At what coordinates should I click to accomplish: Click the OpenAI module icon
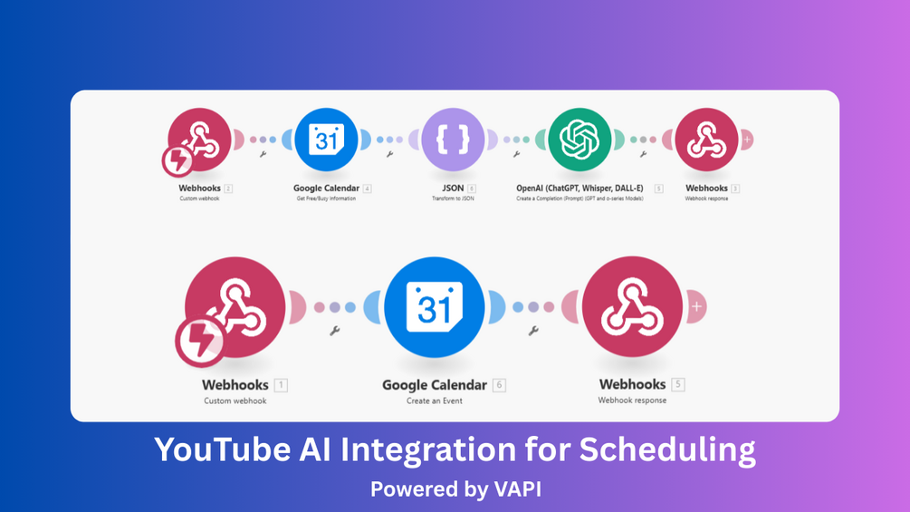580,140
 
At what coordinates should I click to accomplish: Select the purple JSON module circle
453,140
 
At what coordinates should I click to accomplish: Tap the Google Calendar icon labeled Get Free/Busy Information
326,140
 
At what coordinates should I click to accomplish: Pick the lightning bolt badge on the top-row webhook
177,161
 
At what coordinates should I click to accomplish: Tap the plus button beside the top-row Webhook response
746,140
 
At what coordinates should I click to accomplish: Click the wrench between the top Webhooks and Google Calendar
263,154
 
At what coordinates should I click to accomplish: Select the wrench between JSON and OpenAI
517,154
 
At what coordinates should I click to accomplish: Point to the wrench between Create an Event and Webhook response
533,331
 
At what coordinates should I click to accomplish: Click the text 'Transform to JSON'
453,198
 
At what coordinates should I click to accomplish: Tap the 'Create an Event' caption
435,400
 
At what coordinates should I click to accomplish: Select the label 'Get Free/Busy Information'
325,198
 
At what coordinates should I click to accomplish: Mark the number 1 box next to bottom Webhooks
281,384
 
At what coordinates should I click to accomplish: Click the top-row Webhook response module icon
706,140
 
